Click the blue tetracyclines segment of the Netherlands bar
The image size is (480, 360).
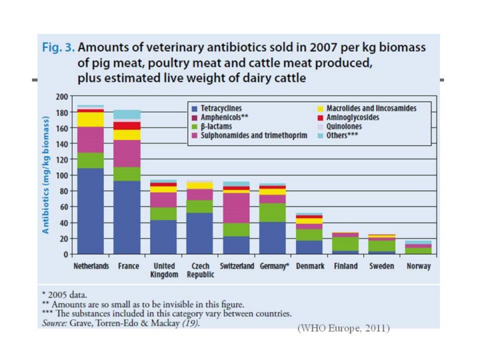(x=91, y=211)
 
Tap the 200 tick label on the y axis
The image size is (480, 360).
(x=62, y=97)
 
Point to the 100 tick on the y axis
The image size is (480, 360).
(x=62, y=175)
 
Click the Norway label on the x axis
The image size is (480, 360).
(x=418, y=266)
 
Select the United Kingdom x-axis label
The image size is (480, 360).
(x=164, y=270)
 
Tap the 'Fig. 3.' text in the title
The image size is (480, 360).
(x=57, y=49)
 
